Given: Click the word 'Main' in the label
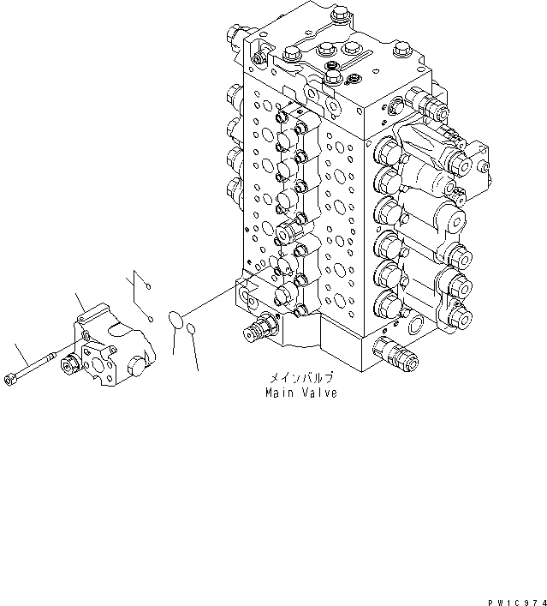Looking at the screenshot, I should tap(281, 393).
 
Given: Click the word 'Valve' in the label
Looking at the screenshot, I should tap(319, 393).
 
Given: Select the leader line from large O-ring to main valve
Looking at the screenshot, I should tap(214, 301).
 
